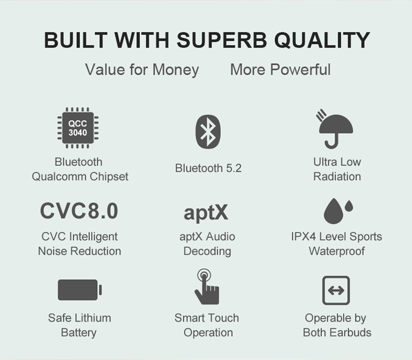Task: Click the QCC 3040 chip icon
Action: tap(78, 128)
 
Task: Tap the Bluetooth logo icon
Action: tap(208, 131)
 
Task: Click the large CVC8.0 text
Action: tap(79, 211)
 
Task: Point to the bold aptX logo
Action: tap(206, 213)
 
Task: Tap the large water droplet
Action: tap(333, 211)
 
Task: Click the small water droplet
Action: tap(349, 206)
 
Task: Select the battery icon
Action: tap(80, 290)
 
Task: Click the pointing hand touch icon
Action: tap(207, 287)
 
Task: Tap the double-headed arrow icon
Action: tap(336, 290)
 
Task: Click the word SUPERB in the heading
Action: tap(222, 40)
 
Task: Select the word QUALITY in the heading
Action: tap(322, 40)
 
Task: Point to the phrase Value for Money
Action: tap(142, 70)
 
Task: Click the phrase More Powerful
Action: tap(280, 69)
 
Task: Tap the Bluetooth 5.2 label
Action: tap(208, 168)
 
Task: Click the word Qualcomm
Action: tap(59, 176)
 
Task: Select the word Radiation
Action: tap(337, 176)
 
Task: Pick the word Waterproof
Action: tap(337, 251)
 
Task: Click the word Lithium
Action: tap(94, 318)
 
